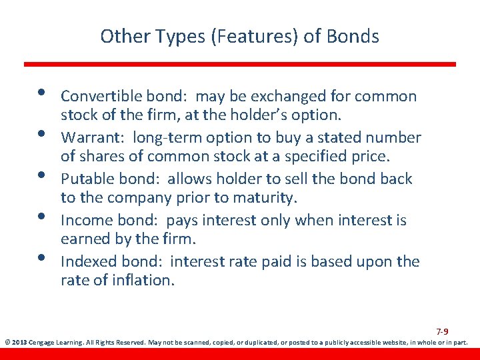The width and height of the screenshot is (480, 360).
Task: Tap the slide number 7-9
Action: pos(442,331)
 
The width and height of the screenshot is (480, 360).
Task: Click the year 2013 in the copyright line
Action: pos(21,343)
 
